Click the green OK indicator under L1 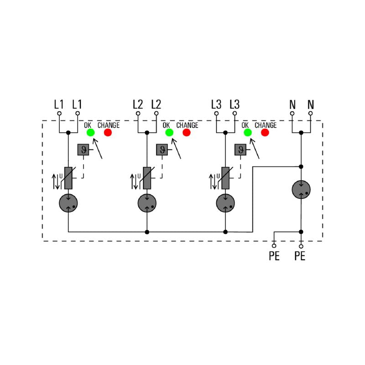[90, 132]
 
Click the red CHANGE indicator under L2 [186, 132]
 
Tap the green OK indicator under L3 [247, 132]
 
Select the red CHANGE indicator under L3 [265, 132]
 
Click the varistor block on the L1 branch [68, 178]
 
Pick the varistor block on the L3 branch [225, 178]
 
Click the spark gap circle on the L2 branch [147, 203]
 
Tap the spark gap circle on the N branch [301, 189]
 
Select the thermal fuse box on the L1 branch [83, 150]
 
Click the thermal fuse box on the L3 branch [240, 150]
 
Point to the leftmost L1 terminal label [59, 104]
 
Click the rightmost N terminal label [311, 104]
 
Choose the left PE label [274, 256]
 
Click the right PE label [300, 256]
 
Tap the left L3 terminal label [216, 104]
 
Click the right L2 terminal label [156, 104]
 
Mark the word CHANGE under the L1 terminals [109, 125]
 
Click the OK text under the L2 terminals [166, 125]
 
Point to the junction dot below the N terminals [301, 132]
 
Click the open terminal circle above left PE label [274, 246]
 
